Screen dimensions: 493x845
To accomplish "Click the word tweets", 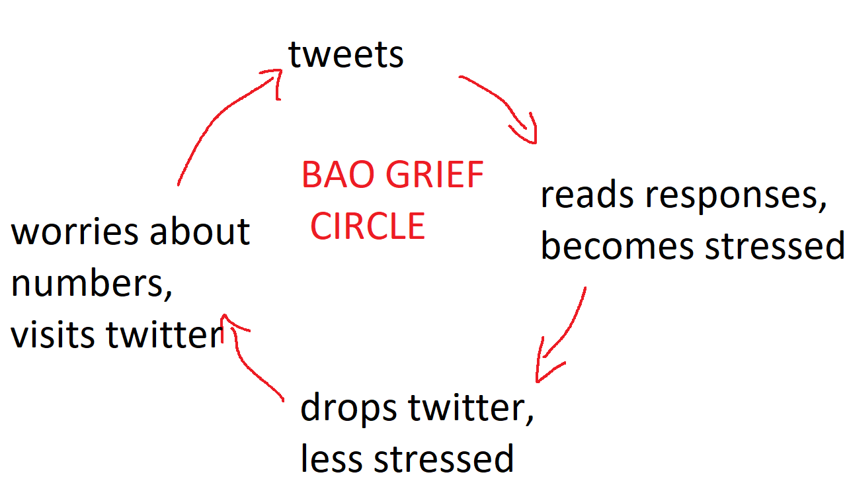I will tap(346, 55).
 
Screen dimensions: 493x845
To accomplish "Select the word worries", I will tap(75, 232).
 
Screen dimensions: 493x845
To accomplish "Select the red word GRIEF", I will tap(434, 175).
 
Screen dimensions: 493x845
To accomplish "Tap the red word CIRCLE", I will tap(368, 226).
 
